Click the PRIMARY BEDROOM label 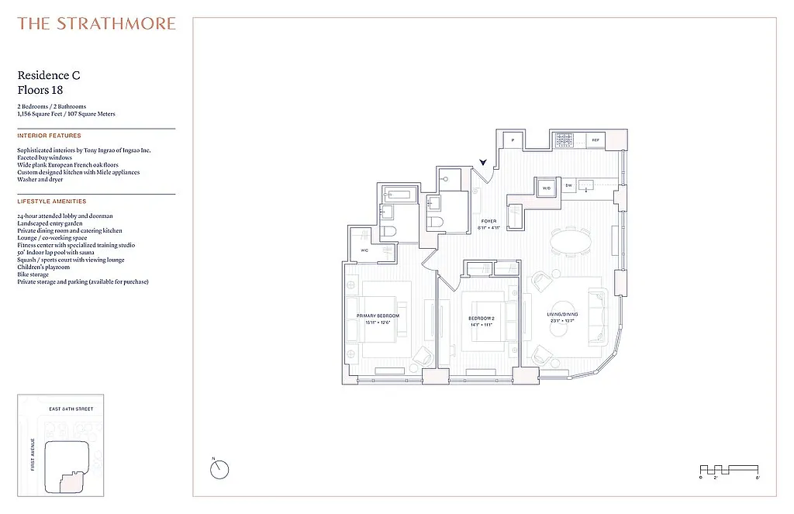click(378, 316)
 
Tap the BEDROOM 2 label click(481, 319)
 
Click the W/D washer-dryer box click(546, 188)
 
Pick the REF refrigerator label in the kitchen click(595, 140)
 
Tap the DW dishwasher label click(568, 185)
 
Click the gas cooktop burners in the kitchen click(564, 141)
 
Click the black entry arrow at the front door click(484, 162)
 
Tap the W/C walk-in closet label click(364, 250)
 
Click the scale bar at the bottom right click(729, 469)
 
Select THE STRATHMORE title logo click(97, 23)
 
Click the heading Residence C click(49, 75)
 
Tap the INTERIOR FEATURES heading click(49, 136)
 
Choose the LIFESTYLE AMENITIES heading click(52, 202)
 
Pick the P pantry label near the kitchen click(513, 140)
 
